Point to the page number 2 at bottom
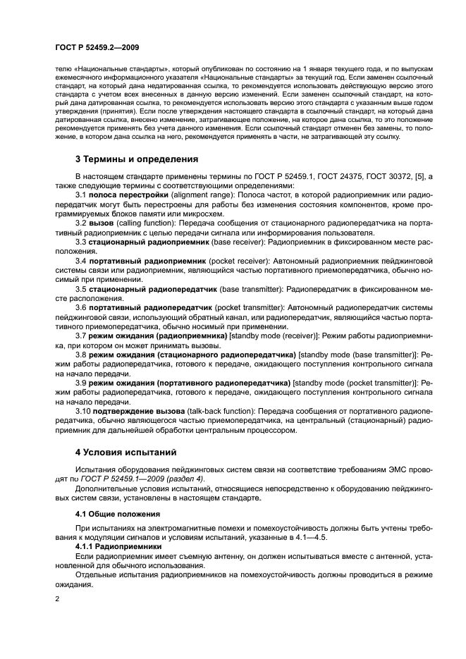click(56, 598)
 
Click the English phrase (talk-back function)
click(223, 410)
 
